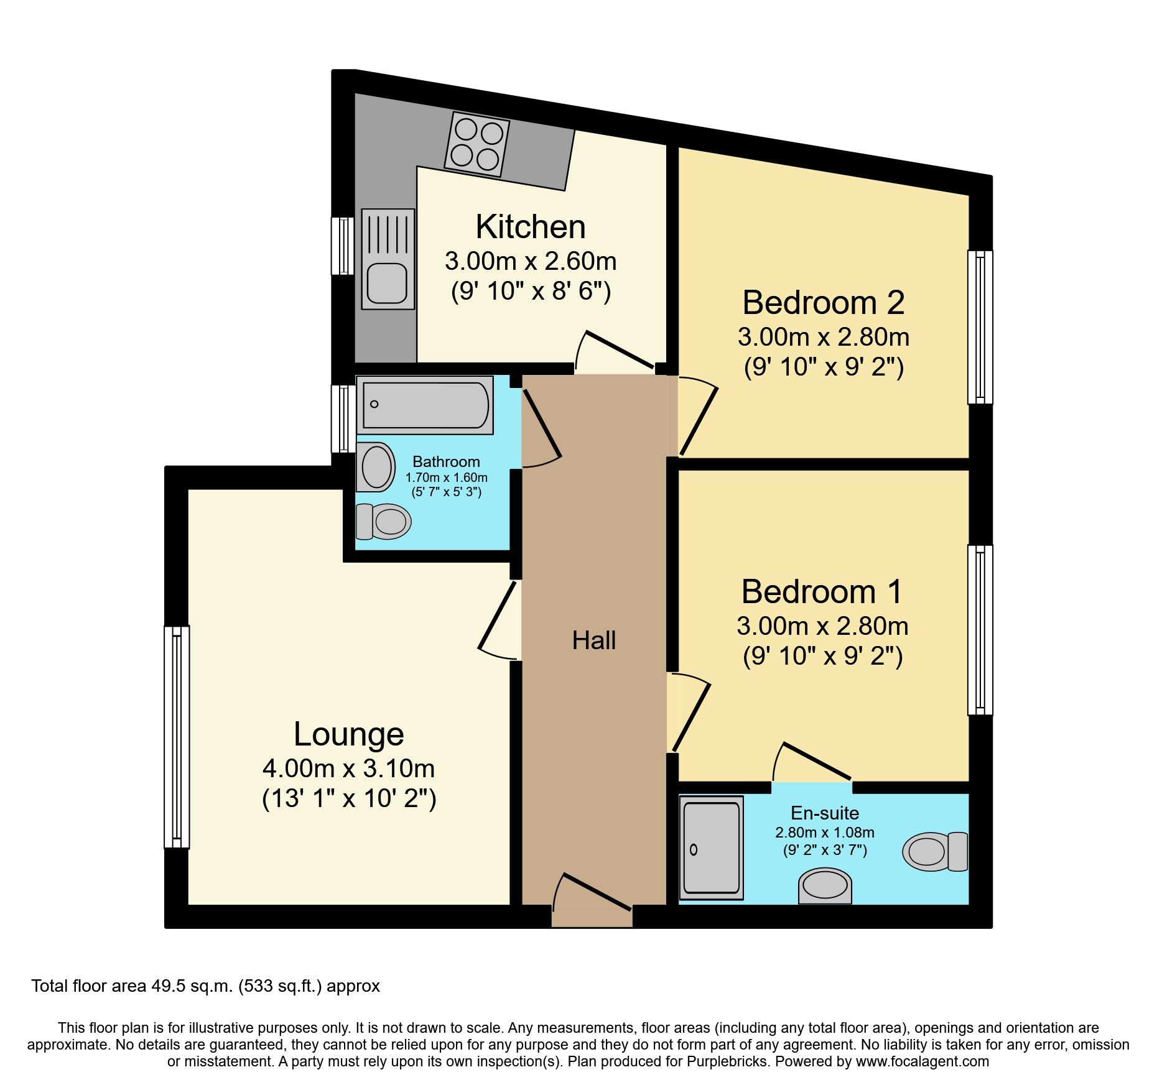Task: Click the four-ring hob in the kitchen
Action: [476, 144]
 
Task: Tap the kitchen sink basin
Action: [387, 283]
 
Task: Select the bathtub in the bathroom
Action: [425, 405]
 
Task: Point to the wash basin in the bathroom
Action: [376, 467]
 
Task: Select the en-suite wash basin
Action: [825, 885]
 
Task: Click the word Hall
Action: [593, 640]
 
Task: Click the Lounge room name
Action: [348, 734]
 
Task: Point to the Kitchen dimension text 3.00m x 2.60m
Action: [530, 261]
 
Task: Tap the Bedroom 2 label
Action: [823, 303]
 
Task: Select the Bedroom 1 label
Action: [821, 591]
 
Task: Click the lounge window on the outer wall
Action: [177, 737]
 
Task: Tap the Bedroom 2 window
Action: [980, 327]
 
